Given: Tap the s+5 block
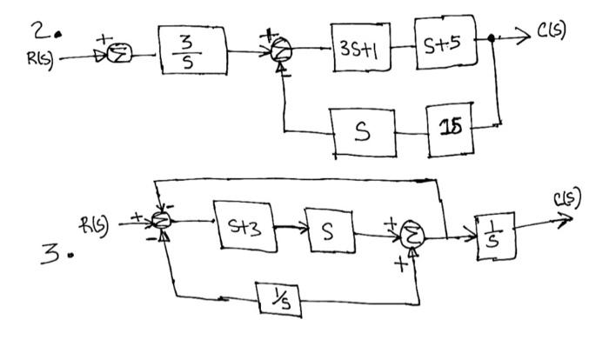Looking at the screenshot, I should (x=446, y=41).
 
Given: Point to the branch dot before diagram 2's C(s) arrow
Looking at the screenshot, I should (x=494, y=39).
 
